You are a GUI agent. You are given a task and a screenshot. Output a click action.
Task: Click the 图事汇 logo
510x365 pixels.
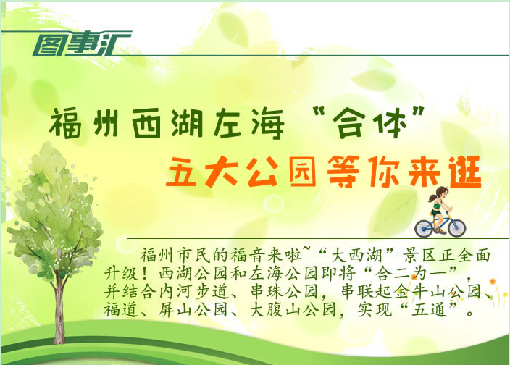point(82,43)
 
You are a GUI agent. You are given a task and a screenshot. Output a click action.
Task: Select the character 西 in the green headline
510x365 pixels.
point(146,124)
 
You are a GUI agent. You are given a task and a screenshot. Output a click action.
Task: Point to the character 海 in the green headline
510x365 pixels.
point(268,124)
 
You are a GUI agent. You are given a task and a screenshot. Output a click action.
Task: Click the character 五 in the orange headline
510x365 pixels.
point(181,172)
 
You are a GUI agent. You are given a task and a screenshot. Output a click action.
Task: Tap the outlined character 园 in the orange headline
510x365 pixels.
point(303,172)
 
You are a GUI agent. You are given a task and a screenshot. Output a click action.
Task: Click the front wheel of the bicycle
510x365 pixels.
point(456,227)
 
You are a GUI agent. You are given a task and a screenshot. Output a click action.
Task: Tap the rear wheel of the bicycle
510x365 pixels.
point(424,229)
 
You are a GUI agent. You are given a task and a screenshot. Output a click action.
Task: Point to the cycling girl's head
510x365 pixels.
point(440,193)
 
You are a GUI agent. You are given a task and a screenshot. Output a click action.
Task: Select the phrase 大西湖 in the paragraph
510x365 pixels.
point(356,256)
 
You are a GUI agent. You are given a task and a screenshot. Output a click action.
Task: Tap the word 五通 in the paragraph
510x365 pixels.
point(429,309)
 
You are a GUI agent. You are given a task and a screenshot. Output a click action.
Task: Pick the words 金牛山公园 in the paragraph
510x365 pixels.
point(437,291)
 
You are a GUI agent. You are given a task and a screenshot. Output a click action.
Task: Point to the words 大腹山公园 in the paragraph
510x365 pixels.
point(293,309)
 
